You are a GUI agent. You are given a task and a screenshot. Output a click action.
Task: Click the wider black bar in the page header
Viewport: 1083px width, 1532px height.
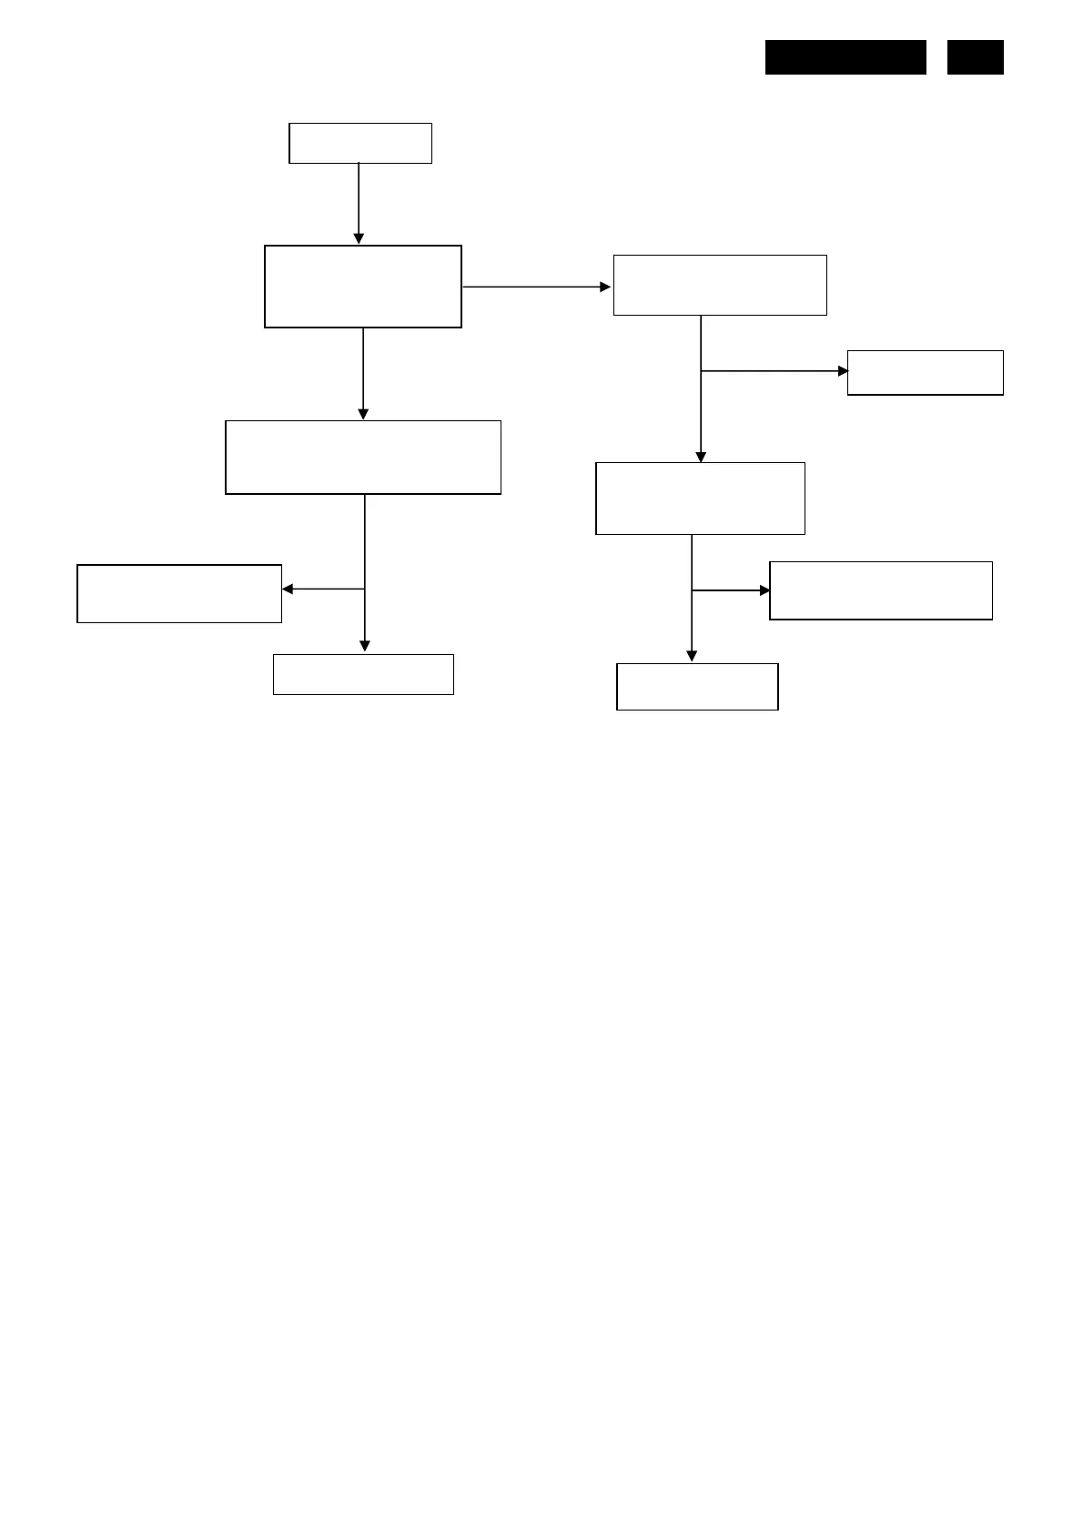[845, 56]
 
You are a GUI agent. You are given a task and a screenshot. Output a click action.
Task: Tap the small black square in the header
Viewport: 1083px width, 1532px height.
[975, 56]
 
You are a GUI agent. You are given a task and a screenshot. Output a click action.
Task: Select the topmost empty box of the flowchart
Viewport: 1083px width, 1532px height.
[359, 143]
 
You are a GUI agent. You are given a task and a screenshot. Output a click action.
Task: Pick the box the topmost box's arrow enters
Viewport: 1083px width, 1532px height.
[362, 286]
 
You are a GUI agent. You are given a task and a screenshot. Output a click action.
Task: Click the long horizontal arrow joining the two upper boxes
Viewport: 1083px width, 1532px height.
[536, 287]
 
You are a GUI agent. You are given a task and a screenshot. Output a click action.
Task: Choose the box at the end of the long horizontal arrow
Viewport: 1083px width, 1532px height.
[720, 285]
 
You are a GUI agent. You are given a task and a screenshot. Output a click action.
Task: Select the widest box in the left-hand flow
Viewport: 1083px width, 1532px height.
[363, 457]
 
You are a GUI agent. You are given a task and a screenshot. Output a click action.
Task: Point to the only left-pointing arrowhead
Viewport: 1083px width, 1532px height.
[288, 590]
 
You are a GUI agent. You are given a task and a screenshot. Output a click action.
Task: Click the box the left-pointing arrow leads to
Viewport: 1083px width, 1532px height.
[179, 593]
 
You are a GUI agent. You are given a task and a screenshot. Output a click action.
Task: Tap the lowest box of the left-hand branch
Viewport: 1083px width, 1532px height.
[363, 674]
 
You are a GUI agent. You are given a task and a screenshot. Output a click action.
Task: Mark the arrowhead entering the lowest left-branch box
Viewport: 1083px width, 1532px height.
[365, 647]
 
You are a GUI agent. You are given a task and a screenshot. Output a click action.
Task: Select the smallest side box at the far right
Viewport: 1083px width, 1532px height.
[925, 372]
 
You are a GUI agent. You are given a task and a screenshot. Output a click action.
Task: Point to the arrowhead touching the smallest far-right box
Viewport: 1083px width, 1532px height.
[843, 371]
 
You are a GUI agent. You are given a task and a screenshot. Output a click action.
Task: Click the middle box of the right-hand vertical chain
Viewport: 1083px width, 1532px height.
[700, 498]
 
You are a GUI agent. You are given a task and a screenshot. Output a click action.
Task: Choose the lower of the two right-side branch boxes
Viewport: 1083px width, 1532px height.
[880, 590]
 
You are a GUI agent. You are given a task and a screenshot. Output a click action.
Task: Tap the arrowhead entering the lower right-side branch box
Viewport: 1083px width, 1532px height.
[764, 590]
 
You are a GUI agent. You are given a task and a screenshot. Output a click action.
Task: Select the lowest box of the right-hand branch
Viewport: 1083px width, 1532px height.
[697, 686]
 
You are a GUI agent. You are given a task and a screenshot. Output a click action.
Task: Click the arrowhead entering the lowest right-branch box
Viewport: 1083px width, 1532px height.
[692, 656]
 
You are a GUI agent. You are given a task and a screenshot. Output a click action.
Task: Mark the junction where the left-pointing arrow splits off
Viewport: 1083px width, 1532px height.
[365, 590]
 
